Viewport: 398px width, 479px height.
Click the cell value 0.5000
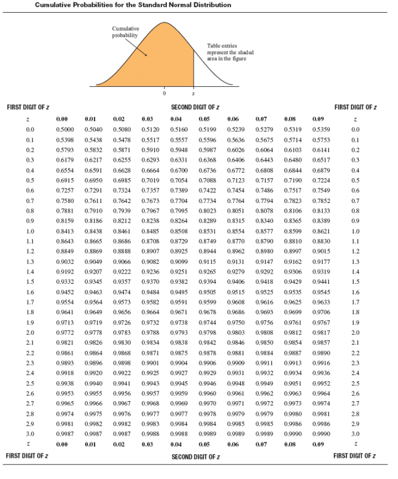coord(65,129)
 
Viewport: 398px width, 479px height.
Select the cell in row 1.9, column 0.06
coord(236,323)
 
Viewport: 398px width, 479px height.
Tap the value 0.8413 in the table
coord(65,231)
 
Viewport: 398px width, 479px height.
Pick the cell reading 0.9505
coord(207,292)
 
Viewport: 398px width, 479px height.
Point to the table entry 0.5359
coord(321,129)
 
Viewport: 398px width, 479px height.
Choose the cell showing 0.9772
coord(65,333)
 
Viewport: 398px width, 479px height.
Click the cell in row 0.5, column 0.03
coord(150,181)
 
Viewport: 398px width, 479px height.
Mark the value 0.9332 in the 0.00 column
coord(65,281)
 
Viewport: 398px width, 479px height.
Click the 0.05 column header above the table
coord(204,119)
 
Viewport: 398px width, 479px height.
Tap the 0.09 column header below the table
coord(318,444)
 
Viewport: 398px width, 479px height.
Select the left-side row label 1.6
coord(30,292)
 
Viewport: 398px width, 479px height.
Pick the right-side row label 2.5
coord(356,384)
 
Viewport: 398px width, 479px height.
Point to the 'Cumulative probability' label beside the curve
coord(126,32)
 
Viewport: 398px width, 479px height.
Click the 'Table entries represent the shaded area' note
coord(231,52)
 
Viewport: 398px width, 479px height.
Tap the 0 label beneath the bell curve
coord(164,93)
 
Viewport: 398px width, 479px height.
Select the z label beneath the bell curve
coord(194,94)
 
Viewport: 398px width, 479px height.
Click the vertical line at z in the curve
coord(194,68)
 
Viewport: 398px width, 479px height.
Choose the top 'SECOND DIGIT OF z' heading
coord(195,107)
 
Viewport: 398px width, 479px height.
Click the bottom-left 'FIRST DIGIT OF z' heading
coord(27,456)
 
